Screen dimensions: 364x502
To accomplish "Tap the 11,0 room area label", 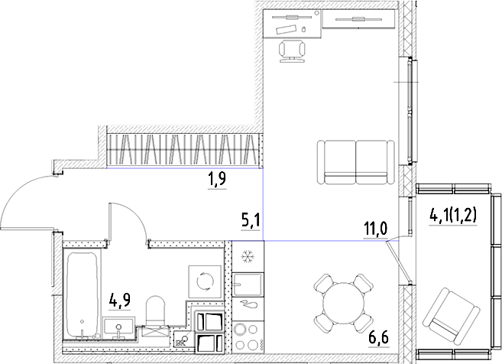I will click(374, 229).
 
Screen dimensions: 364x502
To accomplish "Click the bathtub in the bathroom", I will click(81, 294).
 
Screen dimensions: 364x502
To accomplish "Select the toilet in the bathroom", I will click(157, 310).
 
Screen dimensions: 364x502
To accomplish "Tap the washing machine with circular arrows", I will click(205, 281).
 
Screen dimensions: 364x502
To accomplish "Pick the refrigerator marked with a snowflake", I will click(248, 256).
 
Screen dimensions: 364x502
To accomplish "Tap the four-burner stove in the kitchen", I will click(247, 336).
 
